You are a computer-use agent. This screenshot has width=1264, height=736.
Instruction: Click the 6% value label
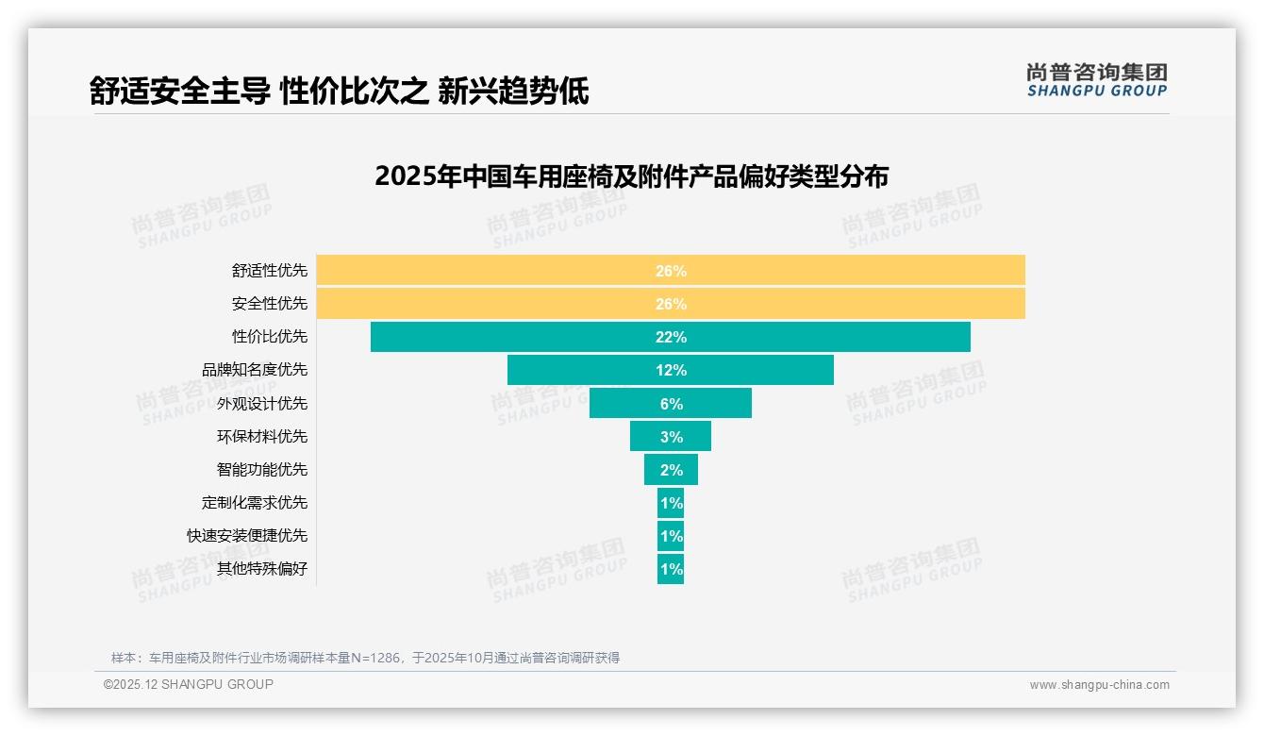(671, 404)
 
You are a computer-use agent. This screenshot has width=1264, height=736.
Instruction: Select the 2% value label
(671, 470)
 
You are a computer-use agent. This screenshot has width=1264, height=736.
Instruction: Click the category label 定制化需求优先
(255, 503)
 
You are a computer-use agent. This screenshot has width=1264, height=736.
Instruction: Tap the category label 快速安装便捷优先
(247, 536)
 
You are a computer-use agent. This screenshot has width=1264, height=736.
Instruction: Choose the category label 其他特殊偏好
(262, 569)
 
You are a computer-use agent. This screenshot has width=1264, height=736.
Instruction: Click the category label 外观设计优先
(262, 404)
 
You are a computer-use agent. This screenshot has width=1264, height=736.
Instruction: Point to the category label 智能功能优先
(262, 470)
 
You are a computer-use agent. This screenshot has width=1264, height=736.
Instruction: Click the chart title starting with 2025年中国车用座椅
(631, 176)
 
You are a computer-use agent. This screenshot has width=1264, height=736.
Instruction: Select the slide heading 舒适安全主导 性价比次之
(340, 92)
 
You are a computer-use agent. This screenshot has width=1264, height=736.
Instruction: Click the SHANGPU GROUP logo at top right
(1096, 80)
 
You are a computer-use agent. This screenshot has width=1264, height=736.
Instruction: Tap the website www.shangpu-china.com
(1099, 685)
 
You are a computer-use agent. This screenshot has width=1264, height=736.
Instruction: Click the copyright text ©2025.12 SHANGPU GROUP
(189, 684)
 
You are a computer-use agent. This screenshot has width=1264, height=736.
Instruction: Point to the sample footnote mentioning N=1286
(365, 658)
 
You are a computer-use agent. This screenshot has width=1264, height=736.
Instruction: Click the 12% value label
(671, 371)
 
